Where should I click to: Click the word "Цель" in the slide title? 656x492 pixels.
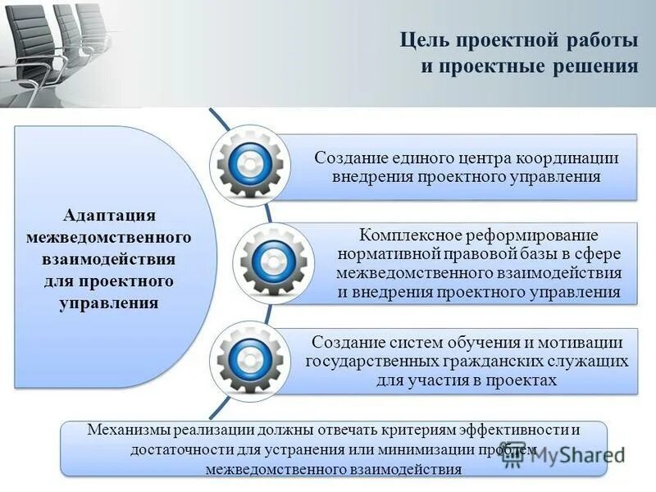[423, 40]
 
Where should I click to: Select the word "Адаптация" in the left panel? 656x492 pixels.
[109, 215]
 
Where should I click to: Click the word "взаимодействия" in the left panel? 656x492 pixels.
[109, 259]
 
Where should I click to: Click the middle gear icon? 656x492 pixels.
[269, 263]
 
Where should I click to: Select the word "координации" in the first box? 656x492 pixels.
[567, 158]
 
